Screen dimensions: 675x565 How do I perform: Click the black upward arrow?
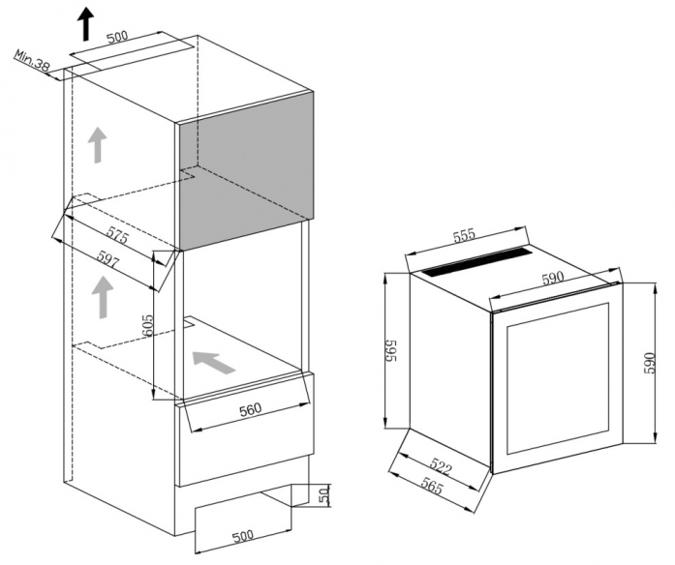(86, 23)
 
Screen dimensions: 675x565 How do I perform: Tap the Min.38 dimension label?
(32, 60)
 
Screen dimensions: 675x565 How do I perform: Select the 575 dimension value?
(117, 234)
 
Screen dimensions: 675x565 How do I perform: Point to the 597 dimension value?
(107, 259)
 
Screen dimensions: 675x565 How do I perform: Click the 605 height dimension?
(147, 326)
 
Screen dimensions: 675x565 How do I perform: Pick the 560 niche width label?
(250, 409)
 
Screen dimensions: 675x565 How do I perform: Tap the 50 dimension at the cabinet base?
(324, 494)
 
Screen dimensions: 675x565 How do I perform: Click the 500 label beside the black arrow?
(117, 37)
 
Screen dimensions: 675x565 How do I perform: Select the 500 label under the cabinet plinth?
(242, 536)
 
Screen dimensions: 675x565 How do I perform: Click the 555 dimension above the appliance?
(465, 235)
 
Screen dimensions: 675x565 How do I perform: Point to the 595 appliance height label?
(390, 350)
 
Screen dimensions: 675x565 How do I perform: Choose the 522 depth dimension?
(440, 467)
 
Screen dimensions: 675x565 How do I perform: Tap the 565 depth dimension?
(431, 487)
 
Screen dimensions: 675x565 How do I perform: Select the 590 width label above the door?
(553, 279)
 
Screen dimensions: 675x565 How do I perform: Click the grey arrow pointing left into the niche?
(213, 362)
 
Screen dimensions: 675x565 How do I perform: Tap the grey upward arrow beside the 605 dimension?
(103, 297)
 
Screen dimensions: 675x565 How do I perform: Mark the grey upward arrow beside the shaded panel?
(97, 145)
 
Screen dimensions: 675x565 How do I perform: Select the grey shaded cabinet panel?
(246, 170)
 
